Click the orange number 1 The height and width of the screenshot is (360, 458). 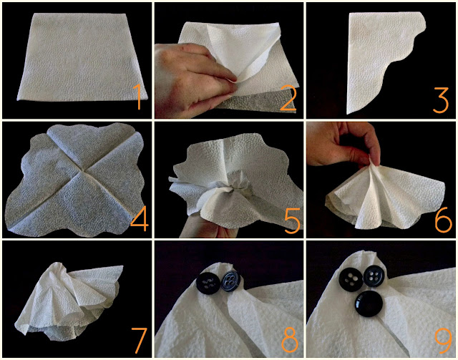point(138,97)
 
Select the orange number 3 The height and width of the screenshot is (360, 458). point(441,100)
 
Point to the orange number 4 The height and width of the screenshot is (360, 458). point(139,219)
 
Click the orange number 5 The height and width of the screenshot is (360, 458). point(292,221)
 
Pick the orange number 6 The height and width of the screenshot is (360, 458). point(443,219)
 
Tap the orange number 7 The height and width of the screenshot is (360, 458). point(139,341)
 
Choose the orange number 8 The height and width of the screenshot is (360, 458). point(290,341)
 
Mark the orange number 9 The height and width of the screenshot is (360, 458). point(444,341)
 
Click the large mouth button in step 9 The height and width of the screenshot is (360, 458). point(369,304)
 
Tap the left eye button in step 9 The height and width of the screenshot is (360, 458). point(351,280)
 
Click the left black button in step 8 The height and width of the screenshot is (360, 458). point(208,283)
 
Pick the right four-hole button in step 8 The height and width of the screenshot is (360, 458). point(230,281)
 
